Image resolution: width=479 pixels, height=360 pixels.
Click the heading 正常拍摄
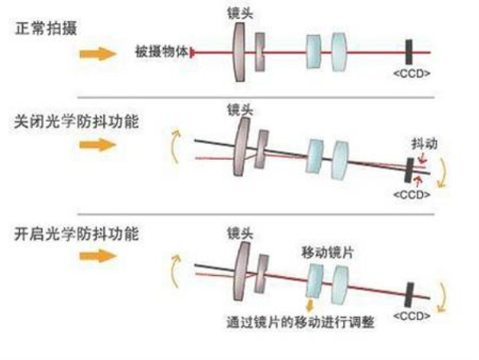tap(46, 29)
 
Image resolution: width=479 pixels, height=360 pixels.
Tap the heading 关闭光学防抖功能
tap(77, 122)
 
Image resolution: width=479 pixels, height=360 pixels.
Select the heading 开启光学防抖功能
tap(77, 234)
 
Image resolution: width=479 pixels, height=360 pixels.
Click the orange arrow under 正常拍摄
tap(98, 54)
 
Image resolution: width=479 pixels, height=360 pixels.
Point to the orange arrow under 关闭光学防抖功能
tap(98, 145)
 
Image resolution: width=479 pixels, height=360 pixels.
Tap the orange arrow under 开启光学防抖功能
tap(98, 255)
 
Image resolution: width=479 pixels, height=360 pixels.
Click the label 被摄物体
tap(162, 52)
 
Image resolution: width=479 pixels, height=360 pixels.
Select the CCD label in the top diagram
tap(412, 74)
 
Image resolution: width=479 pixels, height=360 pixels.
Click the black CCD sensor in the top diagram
tap(409, 52)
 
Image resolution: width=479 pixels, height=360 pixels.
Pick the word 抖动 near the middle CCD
tap(425, 144)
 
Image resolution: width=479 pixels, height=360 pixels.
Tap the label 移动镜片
tap(328, 253)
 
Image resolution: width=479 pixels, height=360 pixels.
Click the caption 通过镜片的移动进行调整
tap(301, 322)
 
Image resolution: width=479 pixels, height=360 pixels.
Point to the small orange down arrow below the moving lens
tap(310, 306)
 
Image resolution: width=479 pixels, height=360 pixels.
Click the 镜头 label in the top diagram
tap(240, 13)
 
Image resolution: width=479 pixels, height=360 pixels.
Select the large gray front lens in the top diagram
tap(239, 52)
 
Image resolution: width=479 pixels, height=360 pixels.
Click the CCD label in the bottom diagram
tap(412, 316)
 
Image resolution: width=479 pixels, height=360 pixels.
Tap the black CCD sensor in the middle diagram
tap(409, 170)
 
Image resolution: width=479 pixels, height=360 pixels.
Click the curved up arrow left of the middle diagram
tap(175, 146)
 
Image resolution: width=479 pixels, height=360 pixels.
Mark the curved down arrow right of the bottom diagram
tap(442, 297)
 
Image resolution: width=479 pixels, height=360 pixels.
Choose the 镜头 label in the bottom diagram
tap(240, 234)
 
